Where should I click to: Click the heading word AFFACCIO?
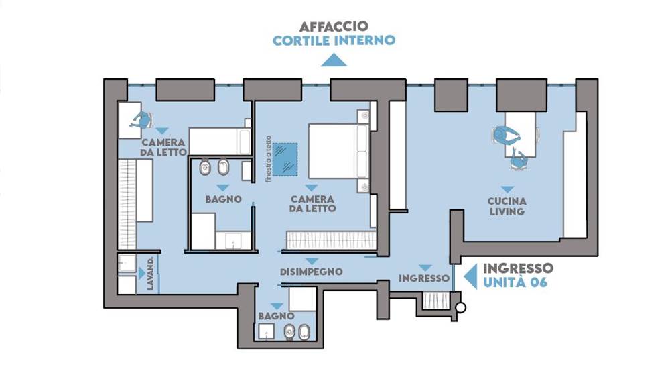click(333, 26)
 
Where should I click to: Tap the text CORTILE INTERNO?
click(334, 41)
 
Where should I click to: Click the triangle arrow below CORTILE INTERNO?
click(334, 60)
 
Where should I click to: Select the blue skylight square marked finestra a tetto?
click(285, 159)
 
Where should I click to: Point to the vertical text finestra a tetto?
click(269, 159)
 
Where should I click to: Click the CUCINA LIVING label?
click(507, 206)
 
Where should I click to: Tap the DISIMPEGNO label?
click(311, 272)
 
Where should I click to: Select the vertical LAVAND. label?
click(150, 274)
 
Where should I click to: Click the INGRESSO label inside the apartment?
click(424, 278)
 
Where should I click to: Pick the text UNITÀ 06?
click(515, 282)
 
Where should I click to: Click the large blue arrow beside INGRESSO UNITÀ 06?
click(470, 276)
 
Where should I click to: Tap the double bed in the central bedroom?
click(338, 151)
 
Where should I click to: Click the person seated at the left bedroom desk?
click(141, 120)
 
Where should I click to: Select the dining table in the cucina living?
click(520, 134)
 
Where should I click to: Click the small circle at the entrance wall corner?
click(460, 307)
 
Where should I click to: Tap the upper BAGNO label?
click(223, 199)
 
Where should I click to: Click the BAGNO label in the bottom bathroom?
click(276, 317)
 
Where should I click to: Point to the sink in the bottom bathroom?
click(266, 331)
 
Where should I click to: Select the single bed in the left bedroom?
click(220, 141)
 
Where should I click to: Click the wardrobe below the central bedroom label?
click(331, 240)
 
